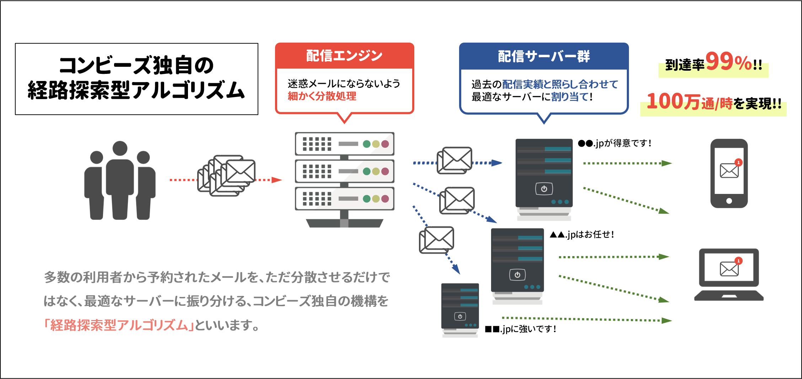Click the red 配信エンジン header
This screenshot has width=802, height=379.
[x=344, y=56]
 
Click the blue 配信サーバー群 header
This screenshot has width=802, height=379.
[x=544, y=56]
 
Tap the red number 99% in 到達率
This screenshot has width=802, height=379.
[x=728, y=62]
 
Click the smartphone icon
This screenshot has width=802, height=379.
[x=729, y=173]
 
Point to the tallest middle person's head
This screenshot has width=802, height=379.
[x=120, y=148]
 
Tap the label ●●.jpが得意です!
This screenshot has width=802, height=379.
[x=614, y=143]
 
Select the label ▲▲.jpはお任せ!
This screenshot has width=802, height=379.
[x=582, y=234]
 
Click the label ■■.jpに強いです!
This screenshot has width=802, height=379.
[x=520, y=329]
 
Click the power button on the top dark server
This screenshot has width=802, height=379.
[x=544, y=189]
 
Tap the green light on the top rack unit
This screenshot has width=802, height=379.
[x=367, y=144]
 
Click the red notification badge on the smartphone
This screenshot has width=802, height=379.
[x=738, y=162]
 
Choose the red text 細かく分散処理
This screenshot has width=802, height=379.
[x=322, y=96]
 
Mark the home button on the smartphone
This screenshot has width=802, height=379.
[x=729, y=201]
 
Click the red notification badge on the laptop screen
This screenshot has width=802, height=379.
[x=738, y=261]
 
